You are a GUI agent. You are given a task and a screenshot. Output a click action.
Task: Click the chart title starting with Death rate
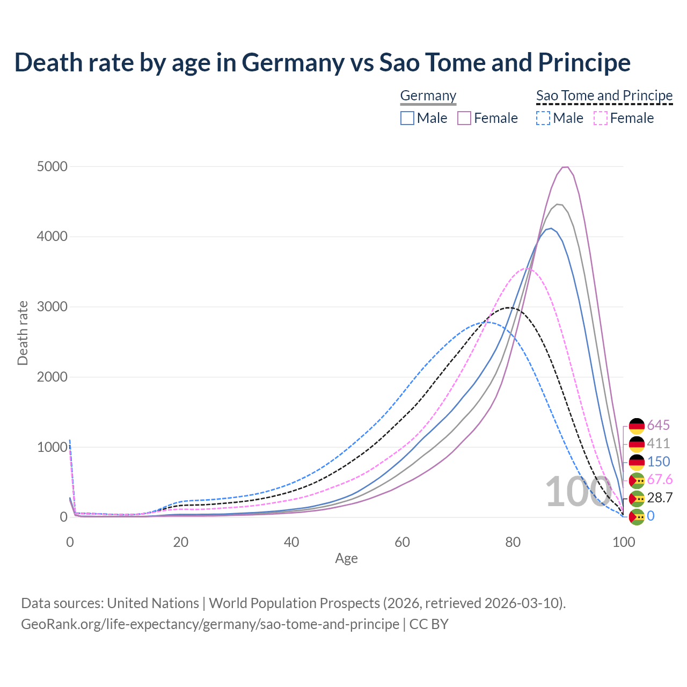tap(322, 62)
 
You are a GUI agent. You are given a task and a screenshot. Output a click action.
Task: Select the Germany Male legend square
tap(407, 118)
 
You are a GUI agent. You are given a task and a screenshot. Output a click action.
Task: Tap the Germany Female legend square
tap(464, 118)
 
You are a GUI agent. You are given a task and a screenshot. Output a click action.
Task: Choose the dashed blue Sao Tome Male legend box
tap(543, 118)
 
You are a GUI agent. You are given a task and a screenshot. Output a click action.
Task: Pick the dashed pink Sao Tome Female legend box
tap(601, 118)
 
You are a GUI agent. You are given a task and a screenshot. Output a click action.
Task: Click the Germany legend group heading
tap(428, 96)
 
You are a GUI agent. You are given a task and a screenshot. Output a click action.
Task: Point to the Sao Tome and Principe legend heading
tap(604, 96)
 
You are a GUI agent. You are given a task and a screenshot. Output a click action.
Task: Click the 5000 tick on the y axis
tap(52, 166)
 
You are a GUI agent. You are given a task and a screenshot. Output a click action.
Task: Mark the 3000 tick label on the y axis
tap(52, 307)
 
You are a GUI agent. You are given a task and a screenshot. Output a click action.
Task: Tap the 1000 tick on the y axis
tap(52, 447)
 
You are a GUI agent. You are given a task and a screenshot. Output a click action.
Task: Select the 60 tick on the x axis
tap(402, 542)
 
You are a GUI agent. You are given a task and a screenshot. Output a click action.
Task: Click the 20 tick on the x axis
tap(181, 542)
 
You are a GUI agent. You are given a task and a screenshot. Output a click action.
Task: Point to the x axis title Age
tap(346, 558)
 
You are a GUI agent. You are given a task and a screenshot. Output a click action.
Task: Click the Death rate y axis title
tap(23, 333)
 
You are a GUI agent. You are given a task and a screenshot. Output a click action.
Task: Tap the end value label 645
tap(658, 425)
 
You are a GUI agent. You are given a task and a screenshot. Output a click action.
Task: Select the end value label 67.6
tap(660, 479)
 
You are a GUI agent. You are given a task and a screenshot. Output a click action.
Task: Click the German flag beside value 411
tap(637, 444)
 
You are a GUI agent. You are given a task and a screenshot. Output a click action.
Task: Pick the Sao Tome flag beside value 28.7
tap(637, 498)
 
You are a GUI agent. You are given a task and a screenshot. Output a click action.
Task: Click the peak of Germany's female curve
tap(565, 167)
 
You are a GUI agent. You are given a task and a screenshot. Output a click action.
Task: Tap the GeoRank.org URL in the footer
tap(210, 624)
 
